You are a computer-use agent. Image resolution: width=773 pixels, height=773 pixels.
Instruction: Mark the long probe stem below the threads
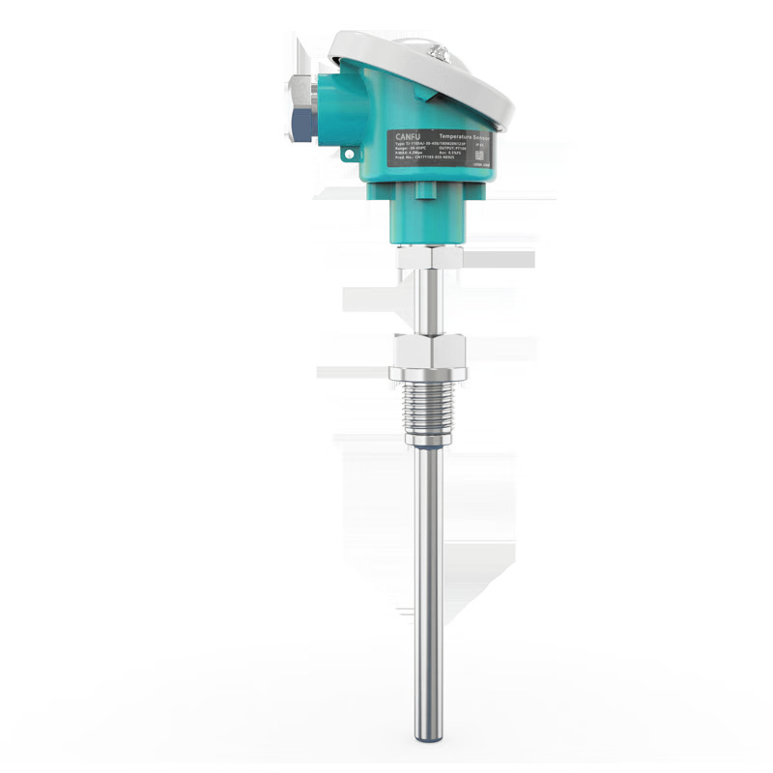click(x=429, y=580)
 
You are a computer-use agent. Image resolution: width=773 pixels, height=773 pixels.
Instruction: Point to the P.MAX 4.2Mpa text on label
click(x=410, y=163)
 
